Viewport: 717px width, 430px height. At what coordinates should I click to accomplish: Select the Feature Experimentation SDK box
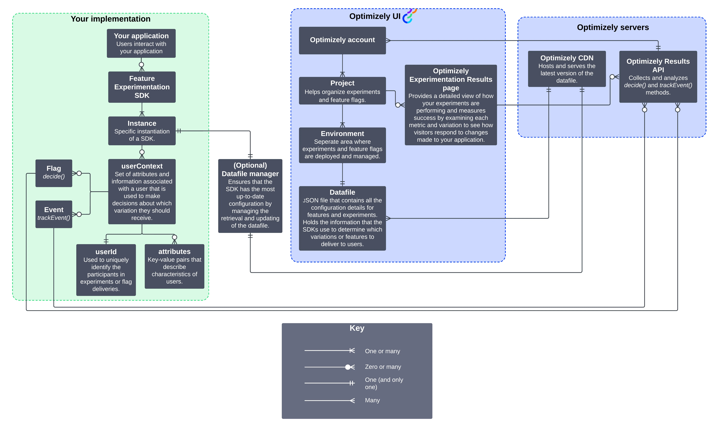(142, 87)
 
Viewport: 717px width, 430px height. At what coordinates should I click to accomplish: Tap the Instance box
(142, 131)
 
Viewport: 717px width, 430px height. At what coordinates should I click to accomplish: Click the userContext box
(142, 192)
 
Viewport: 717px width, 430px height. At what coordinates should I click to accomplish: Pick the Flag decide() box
(54, 173)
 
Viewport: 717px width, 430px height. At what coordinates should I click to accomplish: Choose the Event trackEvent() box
(54, 214)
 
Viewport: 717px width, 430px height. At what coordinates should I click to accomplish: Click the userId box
(106, 270)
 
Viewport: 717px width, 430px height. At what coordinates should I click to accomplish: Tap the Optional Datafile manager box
(250, 196)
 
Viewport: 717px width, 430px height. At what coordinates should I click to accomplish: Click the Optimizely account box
(342, 40)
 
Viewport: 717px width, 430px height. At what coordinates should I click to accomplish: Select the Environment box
(342, 145)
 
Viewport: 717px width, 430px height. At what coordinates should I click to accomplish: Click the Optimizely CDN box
(567, 69)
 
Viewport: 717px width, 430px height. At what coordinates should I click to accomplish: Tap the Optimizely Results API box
(658, 76)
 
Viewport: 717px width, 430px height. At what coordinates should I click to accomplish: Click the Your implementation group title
(110, 19)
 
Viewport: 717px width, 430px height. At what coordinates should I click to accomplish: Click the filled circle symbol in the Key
(348, 367)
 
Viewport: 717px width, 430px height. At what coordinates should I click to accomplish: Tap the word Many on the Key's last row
(372, 400)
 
